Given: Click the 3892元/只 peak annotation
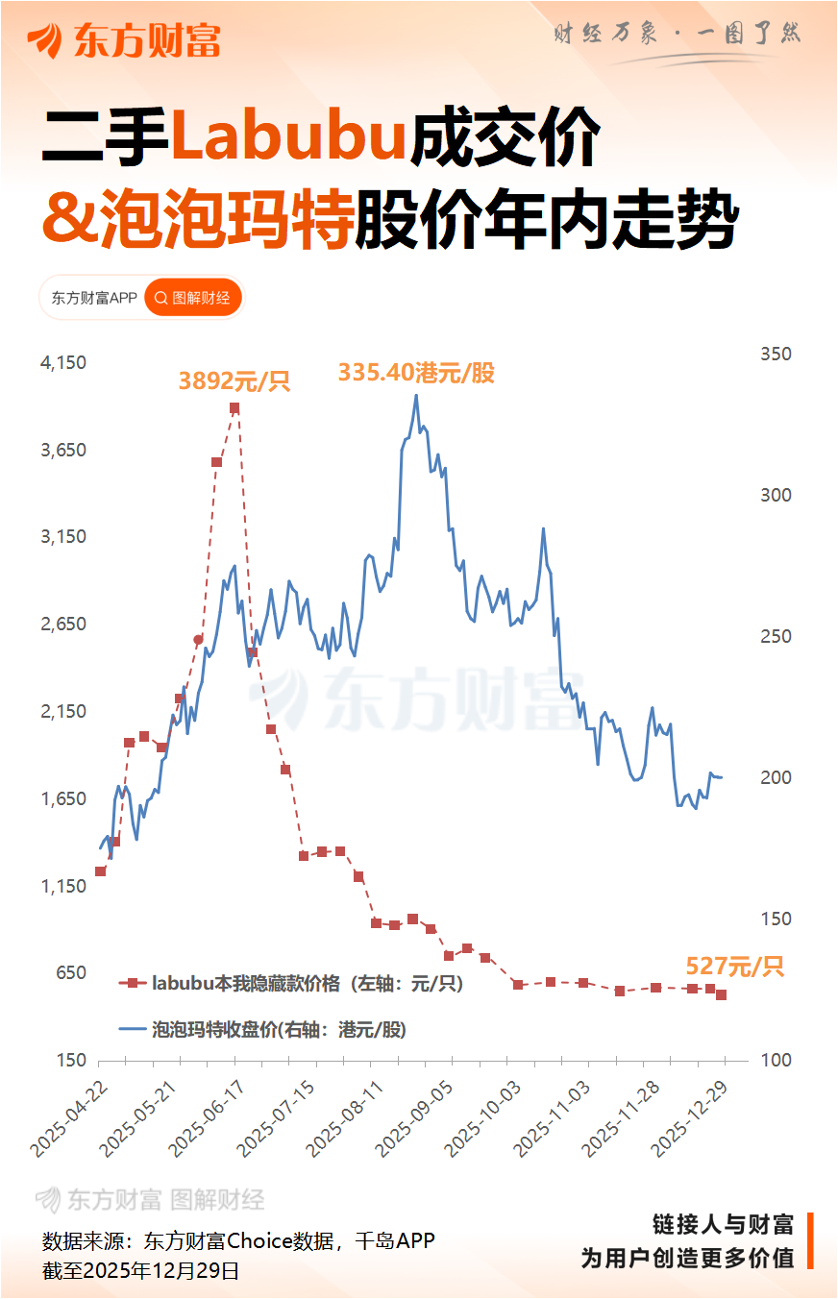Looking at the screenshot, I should [234, 381].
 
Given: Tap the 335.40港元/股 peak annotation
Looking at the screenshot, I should [416, 373].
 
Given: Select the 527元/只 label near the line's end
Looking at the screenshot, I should [734, 967].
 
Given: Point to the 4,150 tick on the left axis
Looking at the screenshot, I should [63, 363].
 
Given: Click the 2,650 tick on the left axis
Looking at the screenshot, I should [63, 625].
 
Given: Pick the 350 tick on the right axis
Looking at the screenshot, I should [776, 354].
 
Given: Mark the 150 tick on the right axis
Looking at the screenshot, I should [776, 919].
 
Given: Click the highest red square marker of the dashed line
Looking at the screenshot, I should [234, 408].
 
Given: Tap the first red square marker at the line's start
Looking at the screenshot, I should [100, 871].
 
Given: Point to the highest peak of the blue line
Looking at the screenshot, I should [416, 395].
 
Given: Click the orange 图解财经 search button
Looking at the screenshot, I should [193, 298].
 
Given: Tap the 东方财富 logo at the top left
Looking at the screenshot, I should [124, 40].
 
